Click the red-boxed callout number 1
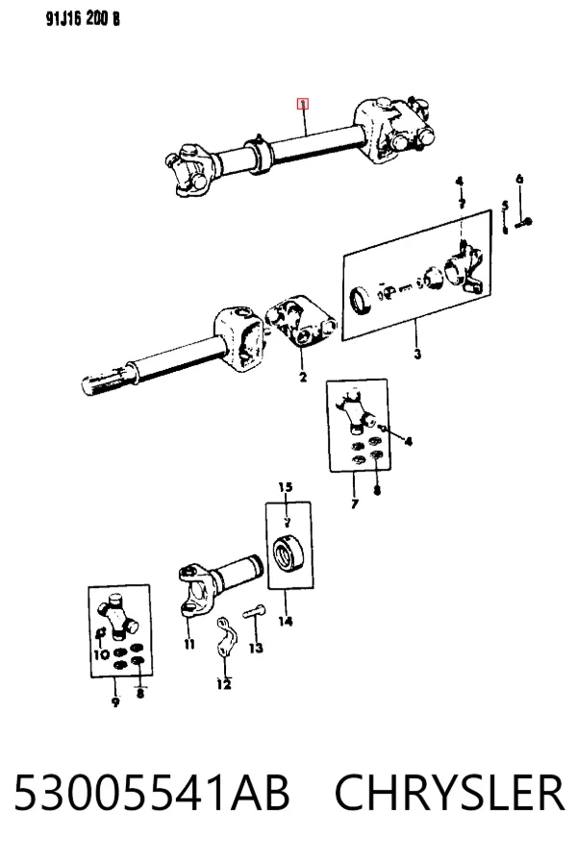303,104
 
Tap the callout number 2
303,378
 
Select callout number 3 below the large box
417,354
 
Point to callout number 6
519,179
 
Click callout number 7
355,504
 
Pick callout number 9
115,701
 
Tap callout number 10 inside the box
101,654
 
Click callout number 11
189,644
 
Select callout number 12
224,684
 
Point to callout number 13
256,648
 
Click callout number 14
285,621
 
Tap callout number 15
286,487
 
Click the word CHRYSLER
449,793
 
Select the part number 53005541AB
152,793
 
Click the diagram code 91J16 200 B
83,19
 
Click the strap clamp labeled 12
226,639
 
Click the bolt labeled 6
524,222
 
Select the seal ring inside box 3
361,301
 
